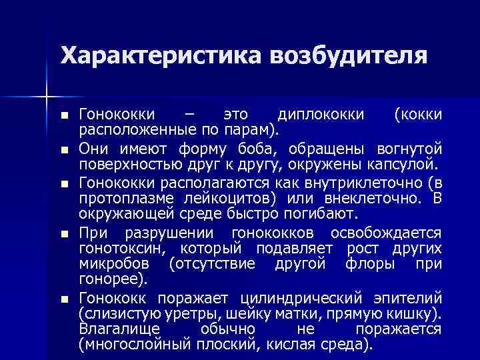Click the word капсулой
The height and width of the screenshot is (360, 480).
coord(403,164)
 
